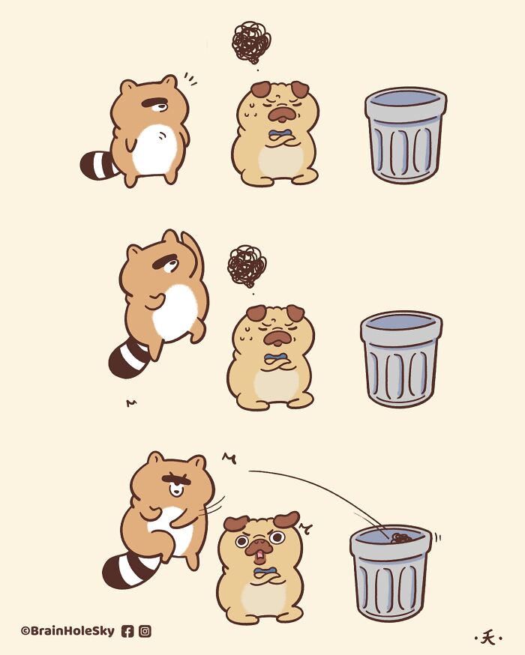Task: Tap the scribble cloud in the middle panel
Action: click(x=246, y=265)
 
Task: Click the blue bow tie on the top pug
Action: click(x=280, y=137)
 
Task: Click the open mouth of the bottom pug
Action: click(x=259, y=556)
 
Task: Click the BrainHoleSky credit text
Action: click(x=67, y=631)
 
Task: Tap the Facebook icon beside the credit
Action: click(x=127, y=631)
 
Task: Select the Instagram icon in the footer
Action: click(x=145, y=631)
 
